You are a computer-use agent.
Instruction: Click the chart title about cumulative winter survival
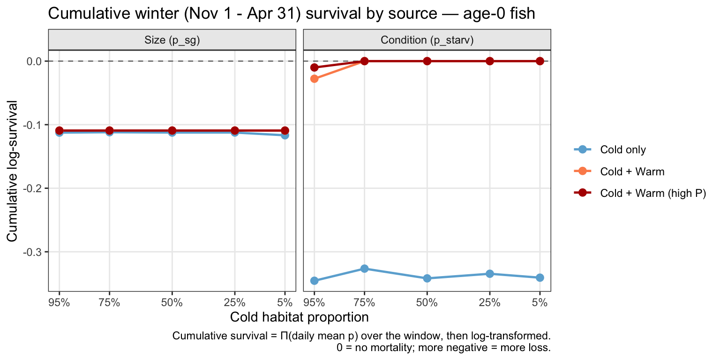pos(292,14)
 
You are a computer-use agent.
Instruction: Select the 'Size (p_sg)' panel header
pos(172,40)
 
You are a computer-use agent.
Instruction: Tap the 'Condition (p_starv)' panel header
pos(427,40)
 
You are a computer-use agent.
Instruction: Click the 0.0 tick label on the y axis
pos(35,61)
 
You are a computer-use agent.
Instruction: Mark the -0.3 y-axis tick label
pos(33,252)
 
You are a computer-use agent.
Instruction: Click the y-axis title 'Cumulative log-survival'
pos(12,171)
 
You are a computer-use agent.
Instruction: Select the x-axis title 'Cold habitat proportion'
pos(299,317)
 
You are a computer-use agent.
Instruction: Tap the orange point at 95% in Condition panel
pos(315,79)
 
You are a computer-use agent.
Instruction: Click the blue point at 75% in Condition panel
pos(364,269)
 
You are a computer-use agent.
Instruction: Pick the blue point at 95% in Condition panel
pos(315,281)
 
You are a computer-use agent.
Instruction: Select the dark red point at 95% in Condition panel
pos(315,67)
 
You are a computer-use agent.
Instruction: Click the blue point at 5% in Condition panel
pos(540,277)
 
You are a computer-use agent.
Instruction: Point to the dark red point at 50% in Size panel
pos(172,130)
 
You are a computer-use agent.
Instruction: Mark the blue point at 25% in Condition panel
pos(489,274)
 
